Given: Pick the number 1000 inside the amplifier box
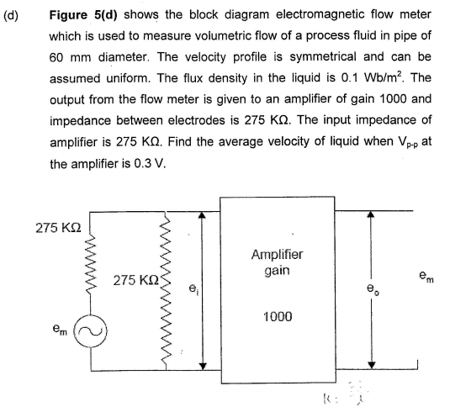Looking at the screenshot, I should pyautogui.click(x=278, y=316).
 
